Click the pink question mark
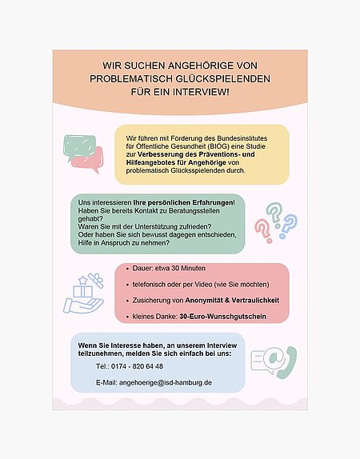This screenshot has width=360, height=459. [262, 230]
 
